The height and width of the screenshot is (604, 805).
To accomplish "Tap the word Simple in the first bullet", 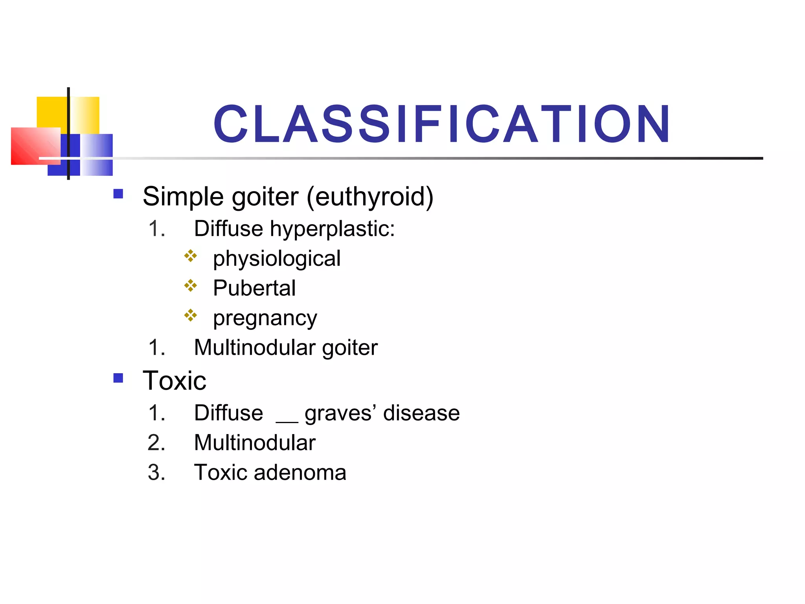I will coord(184,196).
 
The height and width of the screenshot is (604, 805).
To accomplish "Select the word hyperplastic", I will coord(332,229).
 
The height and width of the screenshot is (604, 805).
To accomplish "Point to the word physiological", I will coord(277,259).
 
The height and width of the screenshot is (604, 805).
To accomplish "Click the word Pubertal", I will coord(254,288).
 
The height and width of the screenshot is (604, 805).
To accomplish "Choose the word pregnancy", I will coord(265,319).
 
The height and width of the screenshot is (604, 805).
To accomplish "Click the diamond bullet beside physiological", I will coord(191,256).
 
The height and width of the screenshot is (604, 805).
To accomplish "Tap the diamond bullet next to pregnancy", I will coord(191,315).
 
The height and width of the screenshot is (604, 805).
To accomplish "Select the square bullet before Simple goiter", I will coord(118,194).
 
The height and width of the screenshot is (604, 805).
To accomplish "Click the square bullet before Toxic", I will coord(118,378).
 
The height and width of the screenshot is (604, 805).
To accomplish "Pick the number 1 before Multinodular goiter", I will coord(156,348).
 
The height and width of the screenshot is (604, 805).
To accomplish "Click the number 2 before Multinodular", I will coord(156,443).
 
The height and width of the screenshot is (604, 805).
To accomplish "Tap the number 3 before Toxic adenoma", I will coord(156,472).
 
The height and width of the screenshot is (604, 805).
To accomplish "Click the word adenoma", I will coord(300,472).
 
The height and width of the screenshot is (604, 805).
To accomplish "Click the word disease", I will coord(421,413).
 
